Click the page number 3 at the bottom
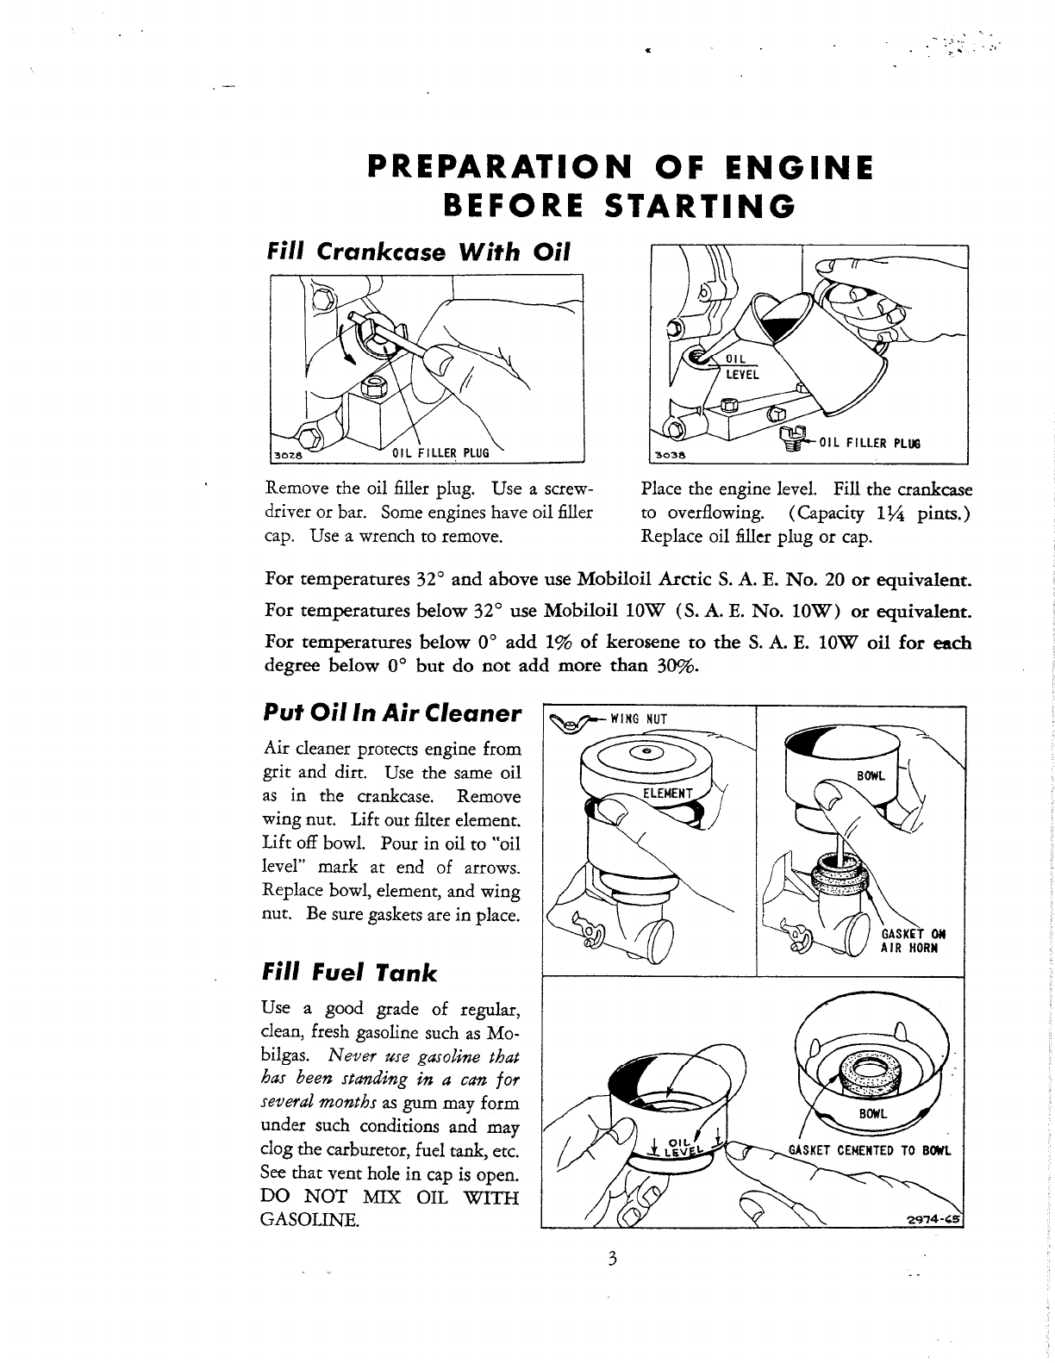pyautogui.click(x=611, y=1259)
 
